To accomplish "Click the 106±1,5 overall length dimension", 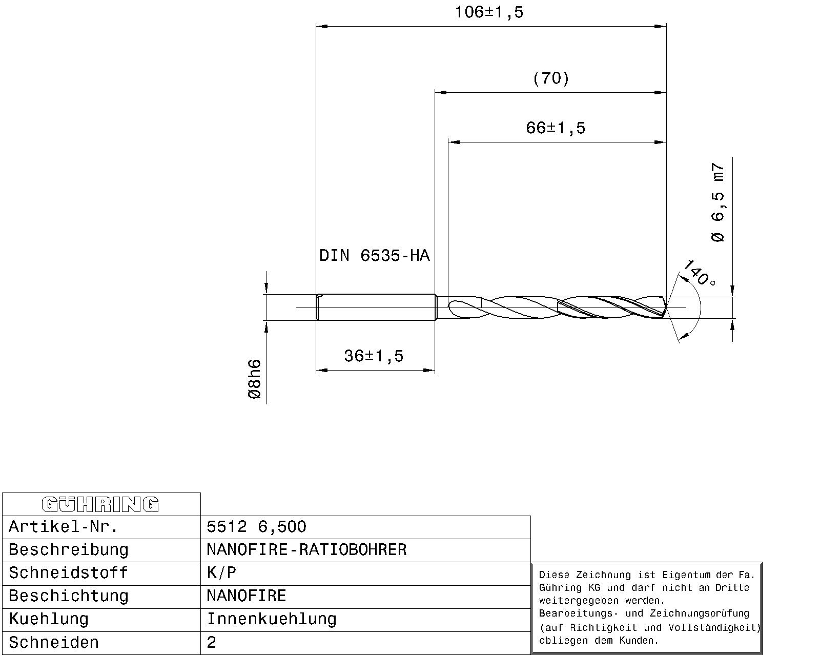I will coord(489,12).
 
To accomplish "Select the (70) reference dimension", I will coord(551,78).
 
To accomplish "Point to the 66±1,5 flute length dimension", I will coord(556,128).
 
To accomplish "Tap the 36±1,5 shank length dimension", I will coord(374,356).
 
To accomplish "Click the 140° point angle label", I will coord(700,273).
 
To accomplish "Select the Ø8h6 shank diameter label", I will coord(254,379).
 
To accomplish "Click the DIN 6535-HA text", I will coord(374,255).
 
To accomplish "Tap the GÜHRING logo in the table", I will coord(100,504).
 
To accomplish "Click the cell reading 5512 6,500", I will coord(256,527).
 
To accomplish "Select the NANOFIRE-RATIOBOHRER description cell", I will coord(306,550).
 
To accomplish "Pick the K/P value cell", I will coord(221,573).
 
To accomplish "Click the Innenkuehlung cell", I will coord(272,619).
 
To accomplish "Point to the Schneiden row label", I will coord(54,642).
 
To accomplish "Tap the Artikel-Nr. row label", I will coord(63,527).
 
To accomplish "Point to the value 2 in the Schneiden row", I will coord(212,643).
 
